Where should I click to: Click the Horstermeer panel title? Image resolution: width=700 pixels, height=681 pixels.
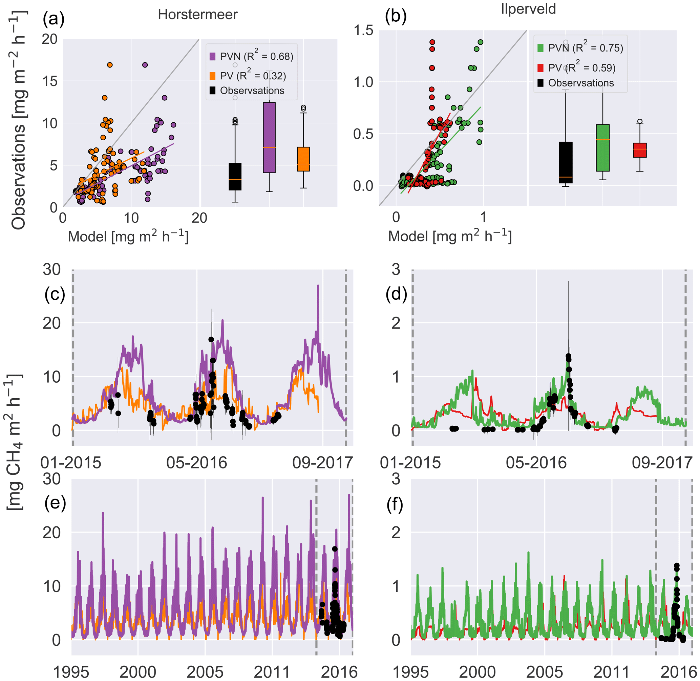(197, 15)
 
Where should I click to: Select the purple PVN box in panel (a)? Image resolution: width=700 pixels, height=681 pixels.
(269, 137)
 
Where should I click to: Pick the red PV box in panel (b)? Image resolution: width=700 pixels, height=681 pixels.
(640, 150)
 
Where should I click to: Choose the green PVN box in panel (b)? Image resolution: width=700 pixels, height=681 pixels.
(602, 148)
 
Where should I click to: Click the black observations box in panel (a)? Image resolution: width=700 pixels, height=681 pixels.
(235, 177)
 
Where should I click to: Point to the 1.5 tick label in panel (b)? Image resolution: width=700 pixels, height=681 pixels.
(363, 31)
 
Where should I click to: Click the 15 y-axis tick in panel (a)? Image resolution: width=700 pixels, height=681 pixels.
(50, 81)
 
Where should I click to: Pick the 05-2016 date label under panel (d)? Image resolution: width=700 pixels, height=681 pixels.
(536, 463)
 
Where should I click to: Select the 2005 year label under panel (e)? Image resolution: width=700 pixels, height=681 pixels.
(205, 672)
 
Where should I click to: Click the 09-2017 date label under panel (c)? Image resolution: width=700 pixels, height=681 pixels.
(322, 463)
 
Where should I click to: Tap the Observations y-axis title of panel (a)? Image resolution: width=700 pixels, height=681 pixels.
(19, 122)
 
